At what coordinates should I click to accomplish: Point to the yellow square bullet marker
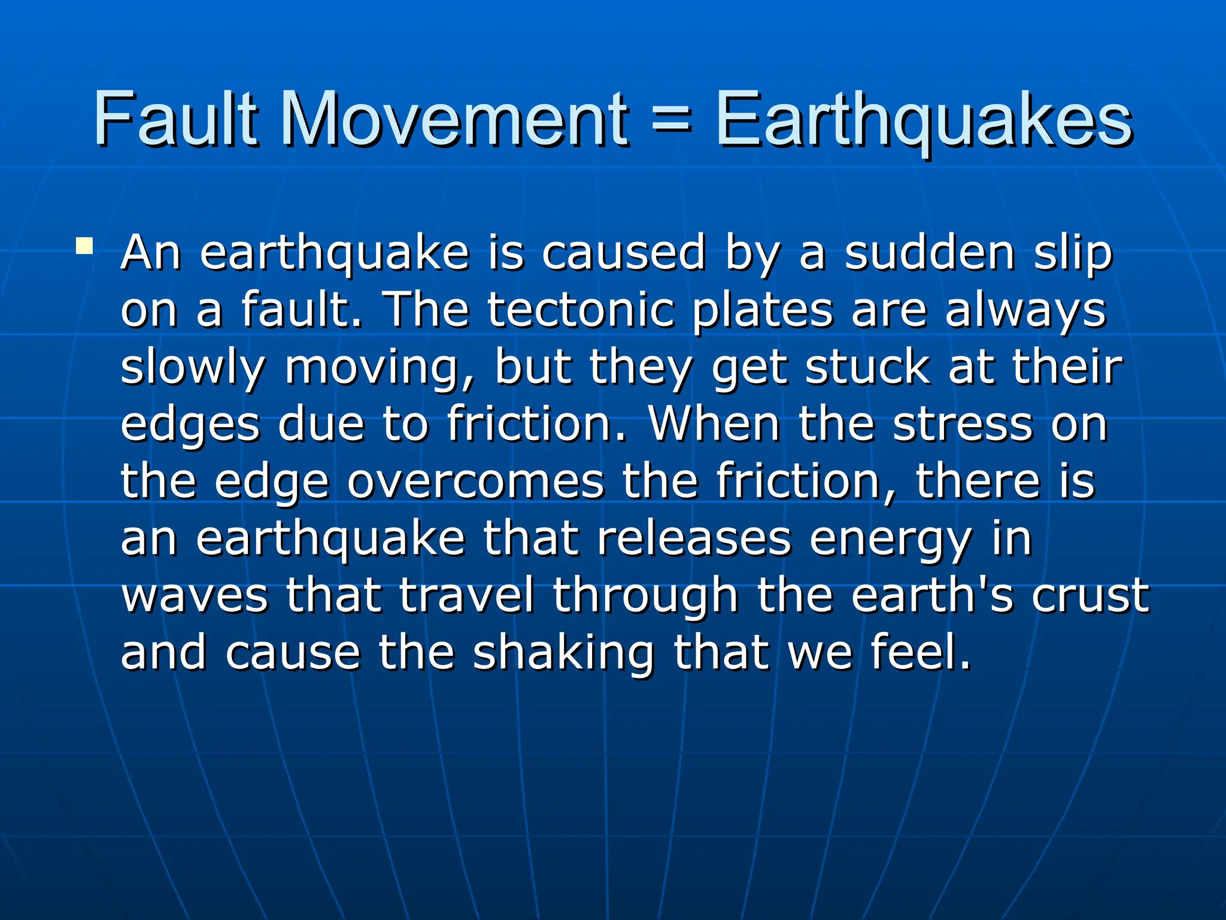84,247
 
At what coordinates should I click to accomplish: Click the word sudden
930,253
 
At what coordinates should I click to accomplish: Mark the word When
714,423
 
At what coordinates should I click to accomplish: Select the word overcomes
476,481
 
